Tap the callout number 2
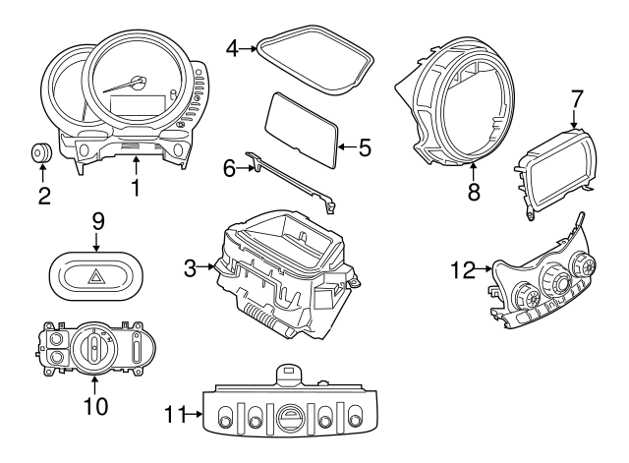pos(44,196)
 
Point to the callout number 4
pos(232,45)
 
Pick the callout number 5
pos(364,148)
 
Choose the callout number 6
pos(229,168)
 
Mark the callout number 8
pos(474,193)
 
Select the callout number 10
pos(94,403)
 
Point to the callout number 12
pos(462,267)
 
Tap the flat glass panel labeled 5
pos(302,126)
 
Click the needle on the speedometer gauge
pos(129,86)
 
